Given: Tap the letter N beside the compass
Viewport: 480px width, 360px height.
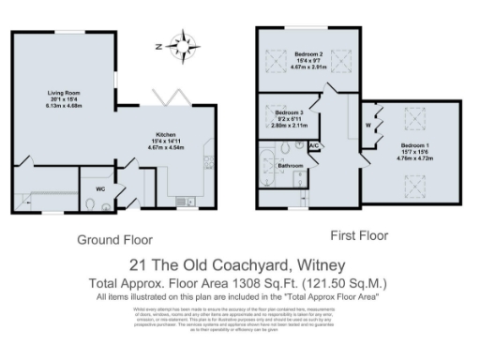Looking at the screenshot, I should [x=160, y=44].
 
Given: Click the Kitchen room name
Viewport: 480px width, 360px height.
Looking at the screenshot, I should [x=167, y=134].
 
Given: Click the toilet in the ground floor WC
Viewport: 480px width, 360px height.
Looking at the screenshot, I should [x=87, y=206].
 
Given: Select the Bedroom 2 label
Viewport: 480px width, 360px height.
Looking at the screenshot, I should [x=308, y=53].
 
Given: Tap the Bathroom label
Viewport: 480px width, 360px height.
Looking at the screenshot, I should [x=291, y=166].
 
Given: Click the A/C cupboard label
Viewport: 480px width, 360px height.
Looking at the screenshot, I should [x=314, y=147].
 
